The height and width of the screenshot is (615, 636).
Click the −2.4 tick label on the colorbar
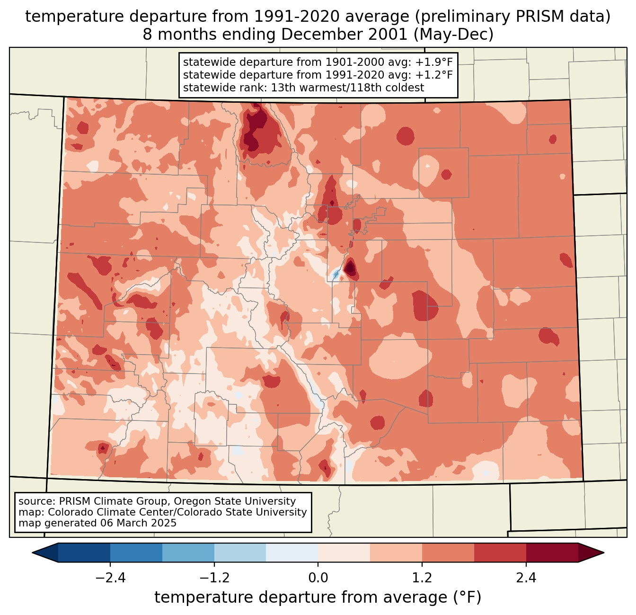[x=110, y=578]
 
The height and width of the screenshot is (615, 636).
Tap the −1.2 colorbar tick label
[x=214, y=578]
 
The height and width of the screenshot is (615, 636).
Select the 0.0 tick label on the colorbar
[x=318, y=578]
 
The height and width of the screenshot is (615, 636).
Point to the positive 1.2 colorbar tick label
[x=422, y=578]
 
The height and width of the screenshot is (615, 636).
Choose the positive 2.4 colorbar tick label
[x=526, y=578]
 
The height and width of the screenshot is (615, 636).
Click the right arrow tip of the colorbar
[x=602, y=553]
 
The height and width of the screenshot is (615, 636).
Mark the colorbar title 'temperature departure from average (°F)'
[x=318, y=597]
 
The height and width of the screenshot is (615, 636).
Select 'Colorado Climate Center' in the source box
[x=102, y=512]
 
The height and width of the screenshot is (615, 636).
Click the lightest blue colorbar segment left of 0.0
[x=292, y=553]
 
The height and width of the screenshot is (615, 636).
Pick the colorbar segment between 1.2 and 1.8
[x=448, y=553]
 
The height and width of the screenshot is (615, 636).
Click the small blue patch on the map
[x=336, y=274]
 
